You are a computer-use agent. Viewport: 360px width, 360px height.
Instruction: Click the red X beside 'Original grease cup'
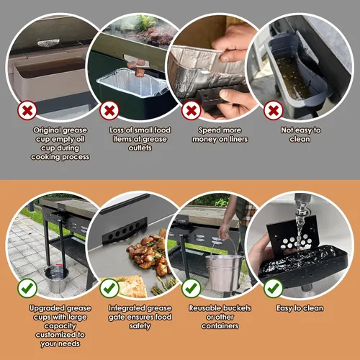tap(27, 110)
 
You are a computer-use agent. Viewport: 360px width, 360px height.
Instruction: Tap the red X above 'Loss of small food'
tap(109, 110)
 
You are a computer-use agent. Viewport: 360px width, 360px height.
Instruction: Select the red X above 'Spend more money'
tap(192, 110)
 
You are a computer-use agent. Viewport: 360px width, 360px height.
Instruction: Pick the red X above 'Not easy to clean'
tap(274, 110)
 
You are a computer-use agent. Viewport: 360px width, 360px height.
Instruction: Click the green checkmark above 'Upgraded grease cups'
tap(27, 288)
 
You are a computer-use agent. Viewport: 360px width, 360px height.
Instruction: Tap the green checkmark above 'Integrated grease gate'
tap(109, 288)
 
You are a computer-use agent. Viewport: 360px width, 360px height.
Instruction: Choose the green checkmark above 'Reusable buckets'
tap(192, 288)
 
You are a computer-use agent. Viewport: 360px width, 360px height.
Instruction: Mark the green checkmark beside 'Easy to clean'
tap(274, 288)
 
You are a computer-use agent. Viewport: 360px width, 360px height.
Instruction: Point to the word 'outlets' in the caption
tap(140, 148)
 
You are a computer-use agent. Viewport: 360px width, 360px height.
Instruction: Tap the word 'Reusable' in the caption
tap(203, 308)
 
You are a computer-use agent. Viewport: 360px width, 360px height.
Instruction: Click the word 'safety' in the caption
tap(140, 326)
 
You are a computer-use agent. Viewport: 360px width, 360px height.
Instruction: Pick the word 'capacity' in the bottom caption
tap(60, 326)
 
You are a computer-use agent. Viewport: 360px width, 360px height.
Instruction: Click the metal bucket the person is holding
tap(223, 272)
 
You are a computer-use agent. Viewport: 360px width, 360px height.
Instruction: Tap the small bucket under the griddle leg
tap(56, 279)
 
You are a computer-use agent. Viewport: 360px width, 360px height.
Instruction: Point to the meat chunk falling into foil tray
tap(140, 72)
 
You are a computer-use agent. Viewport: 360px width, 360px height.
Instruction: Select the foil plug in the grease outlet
tap(48, 43)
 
